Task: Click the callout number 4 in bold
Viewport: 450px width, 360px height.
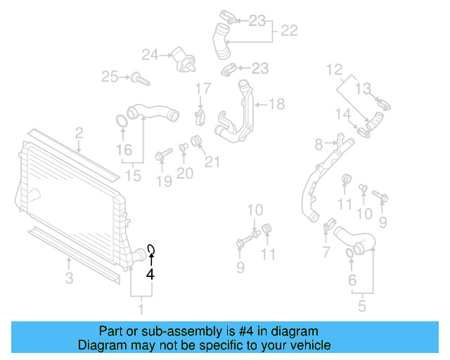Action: pyautogui.click(x=149, y=275)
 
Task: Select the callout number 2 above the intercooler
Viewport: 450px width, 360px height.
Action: pyautogui.click(x=79, y=132)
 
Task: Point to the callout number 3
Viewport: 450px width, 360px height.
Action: pyautogui.click(x=69, y=278)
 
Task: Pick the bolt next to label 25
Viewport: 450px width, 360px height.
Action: pyautogui.click(x=141, y=78)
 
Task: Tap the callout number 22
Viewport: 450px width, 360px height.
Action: pyautogui.click(x=289, y=31)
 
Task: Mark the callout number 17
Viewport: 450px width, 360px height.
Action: pyautogui.click(x=202, y=89)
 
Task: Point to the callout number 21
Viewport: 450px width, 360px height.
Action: pyautogui.click(x=212, y=162)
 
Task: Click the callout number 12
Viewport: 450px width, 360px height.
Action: pyautogui.click(x=334, y=69)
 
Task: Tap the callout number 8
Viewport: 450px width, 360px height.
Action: pyautogui.click(x=319, y=144)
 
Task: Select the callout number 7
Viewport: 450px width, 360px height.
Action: pyautogui.click(x=326, y=252)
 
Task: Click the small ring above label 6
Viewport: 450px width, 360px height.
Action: pyautogui.click(x=351, y=252)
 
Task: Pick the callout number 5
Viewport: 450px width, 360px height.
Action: pyautogui.click(x=362, y=307)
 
